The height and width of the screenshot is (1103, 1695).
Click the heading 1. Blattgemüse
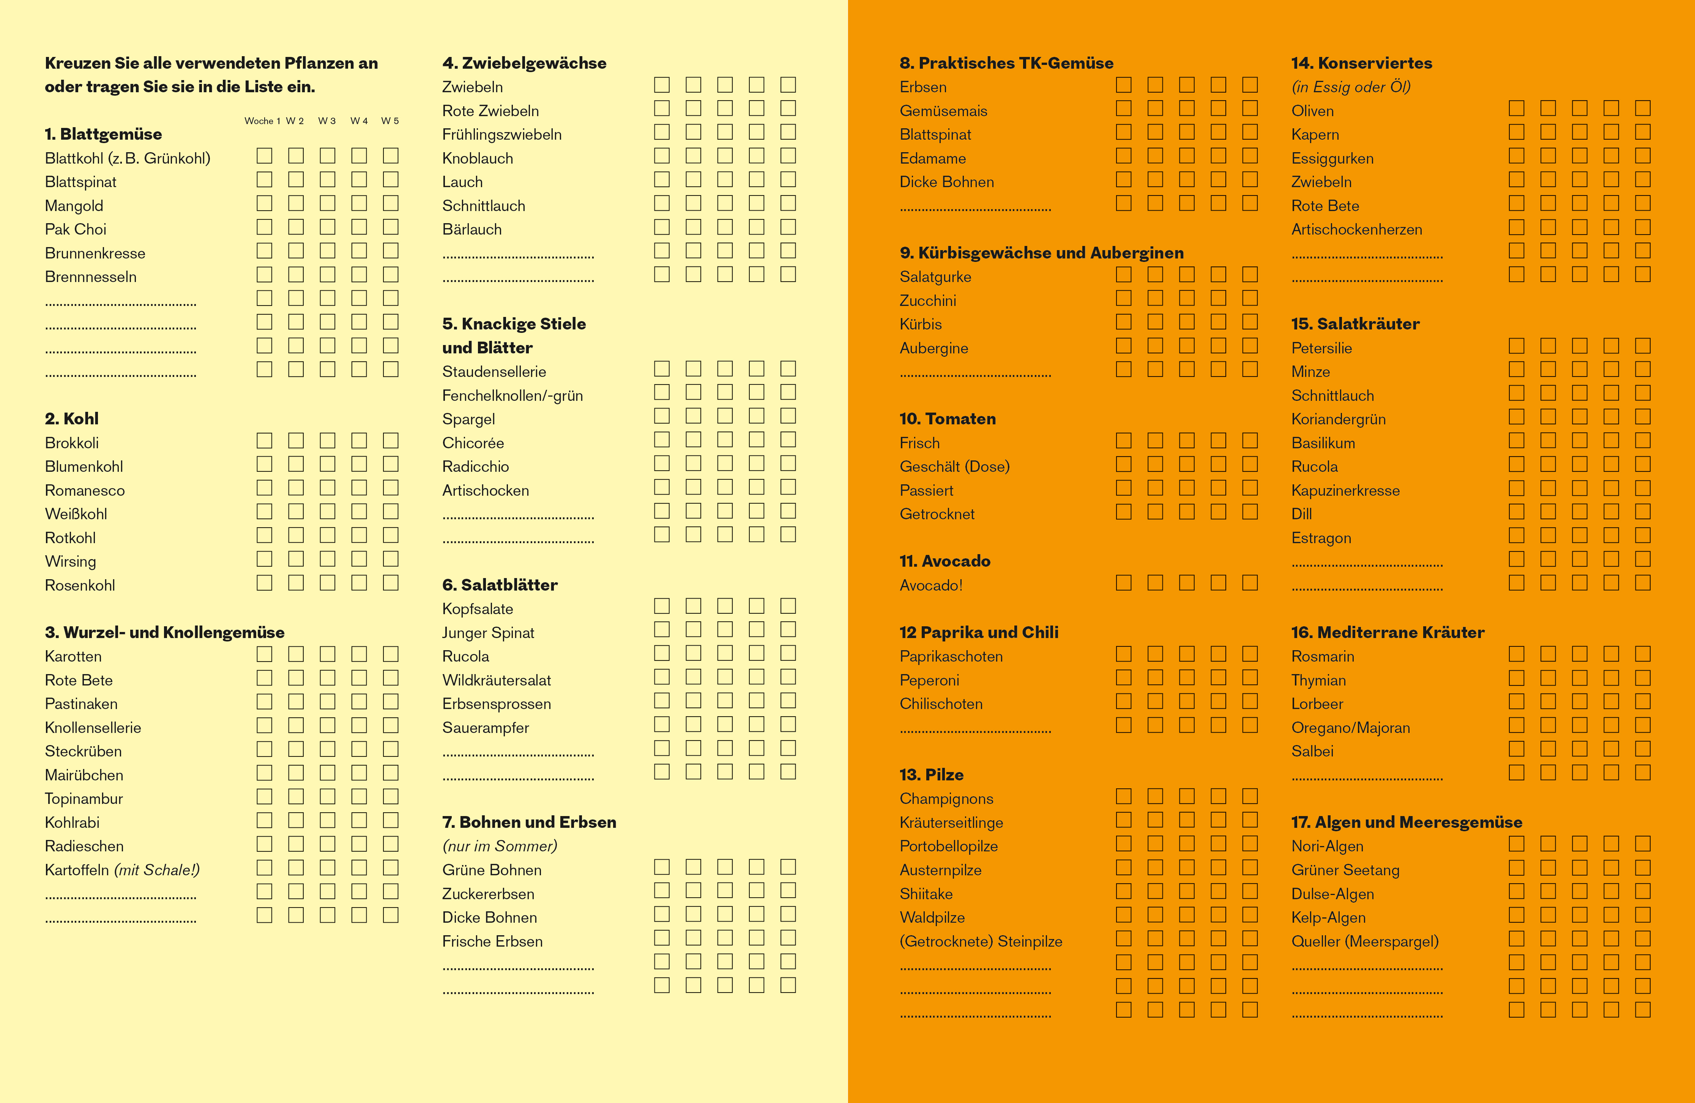coord(103,134)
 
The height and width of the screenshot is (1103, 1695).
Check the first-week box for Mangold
coord(264,204)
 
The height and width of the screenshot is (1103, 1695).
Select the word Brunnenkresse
coord(95,254)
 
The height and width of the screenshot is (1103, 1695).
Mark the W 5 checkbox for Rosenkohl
coord(390,583)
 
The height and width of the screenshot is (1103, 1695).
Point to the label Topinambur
coord(84,799)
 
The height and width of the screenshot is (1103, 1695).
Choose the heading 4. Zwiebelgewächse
coord(524,63)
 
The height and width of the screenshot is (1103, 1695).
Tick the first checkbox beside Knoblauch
coord(662,156)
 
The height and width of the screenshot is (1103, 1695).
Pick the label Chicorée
coord(473,443)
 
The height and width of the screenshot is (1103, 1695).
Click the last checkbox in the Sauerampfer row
coord(788,725)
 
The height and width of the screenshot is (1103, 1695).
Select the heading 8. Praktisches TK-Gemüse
coord(1006,63)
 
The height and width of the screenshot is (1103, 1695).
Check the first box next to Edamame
coord(1124,156)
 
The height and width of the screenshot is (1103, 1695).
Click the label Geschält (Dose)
coord(954,467)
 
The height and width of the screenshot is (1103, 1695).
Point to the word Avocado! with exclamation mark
coord(931,585)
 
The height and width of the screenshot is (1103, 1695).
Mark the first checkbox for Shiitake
coord(1124,892)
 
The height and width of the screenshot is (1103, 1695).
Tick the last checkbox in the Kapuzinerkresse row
coord(1642,488)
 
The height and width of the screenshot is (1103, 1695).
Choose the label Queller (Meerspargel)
coord(1365,941)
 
